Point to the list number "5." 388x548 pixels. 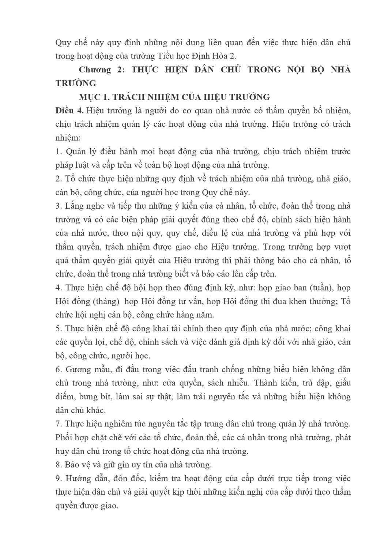click(59, 329)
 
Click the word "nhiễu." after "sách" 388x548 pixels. click(237, 383)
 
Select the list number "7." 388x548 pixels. click(59, 424)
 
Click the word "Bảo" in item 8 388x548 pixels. click(73, 465)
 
